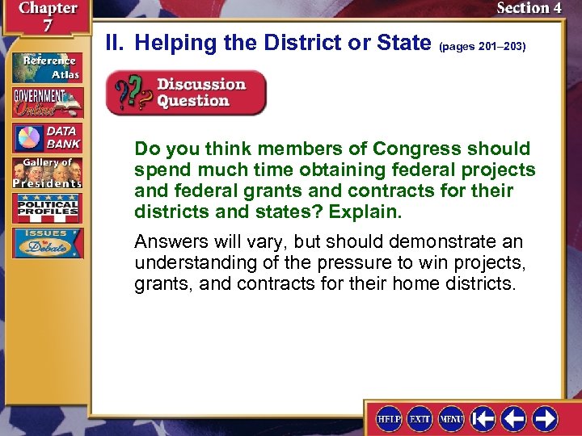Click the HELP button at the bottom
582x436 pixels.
point(390,418)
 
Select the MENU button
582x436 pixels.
point(451,418)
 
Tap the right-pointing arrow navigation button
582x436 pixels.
point(544,418)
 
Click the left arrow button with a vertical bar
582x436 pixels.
point(483,418)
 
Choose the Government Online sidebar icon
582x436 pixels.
point(47,103)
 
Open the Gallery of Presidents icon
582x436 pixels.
point(47,173)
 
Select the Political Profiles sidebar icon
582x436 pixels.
point(47,208)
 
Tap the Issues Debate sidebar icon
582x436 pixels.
point(47,243)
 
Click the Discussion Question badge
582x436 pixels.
point(186,93)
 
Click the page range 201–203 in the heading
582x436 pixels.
point(482,47)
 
